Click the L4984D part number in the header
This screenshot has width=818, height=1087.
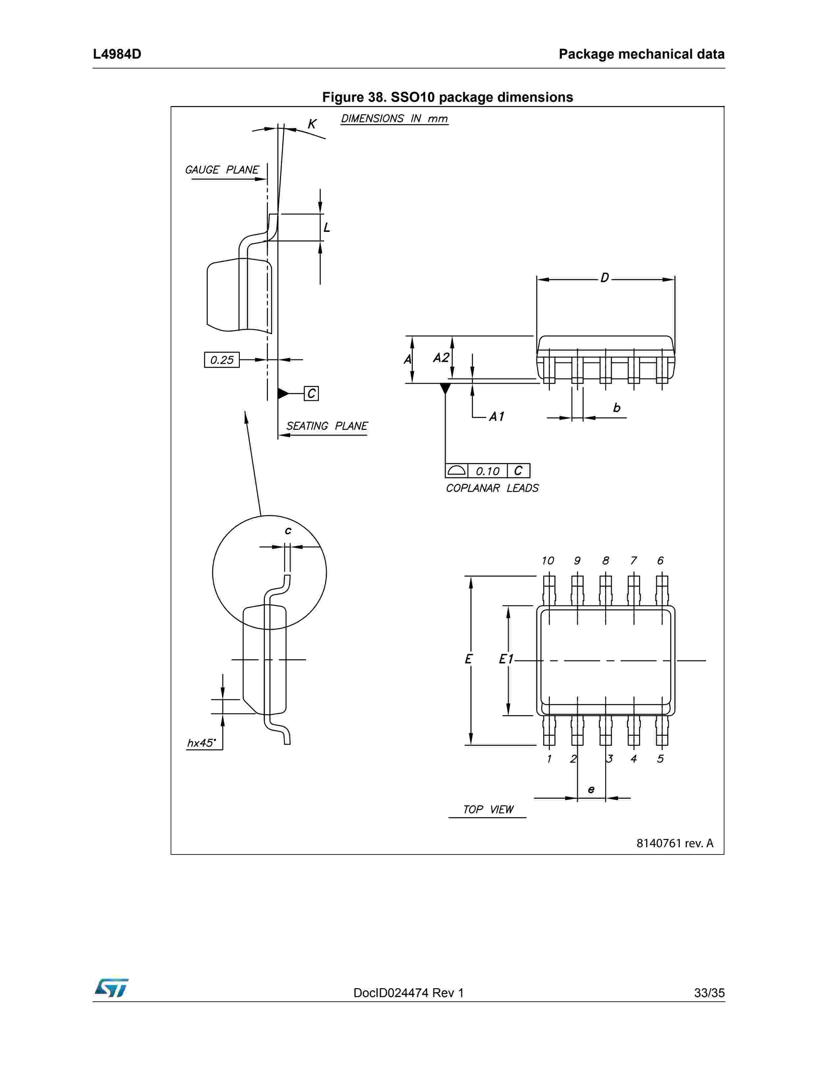pyautogui.click(x=117, y=54)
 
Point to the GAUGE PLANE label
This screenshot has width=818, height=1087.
pyautogui.click(x=222, y=170)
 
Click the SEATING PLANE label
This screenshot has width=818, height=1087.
pyautogui.click(x=326, y=426)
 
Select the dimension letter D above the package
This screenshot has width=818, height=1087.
pyautogui.click(x=605, y=278)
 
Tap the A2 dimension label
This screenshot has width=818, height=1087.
pyautogui.click(x=441, y=358)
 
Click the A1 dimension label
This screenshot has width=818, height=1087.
pyautogui.click(x=496, y=417)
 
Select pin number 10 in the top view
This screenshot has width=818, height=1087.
pyautogui.click(x=548, y=561)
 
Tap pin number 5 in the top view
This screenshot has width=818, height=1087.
pyautogui.click(x=660, y=759)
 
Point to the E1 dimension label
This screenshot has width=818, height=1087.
pyautogui.click(x=506, y=659)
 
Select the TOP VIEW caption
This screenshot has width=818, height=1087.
pyautogui.click(x=488, y=809)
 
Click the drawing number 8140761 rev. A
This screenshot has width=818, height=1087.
pyautogui.click(x=674, y=843)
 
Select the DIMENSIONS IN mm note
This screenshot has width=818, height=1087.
pyautogui.click(x=394, y=119)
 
